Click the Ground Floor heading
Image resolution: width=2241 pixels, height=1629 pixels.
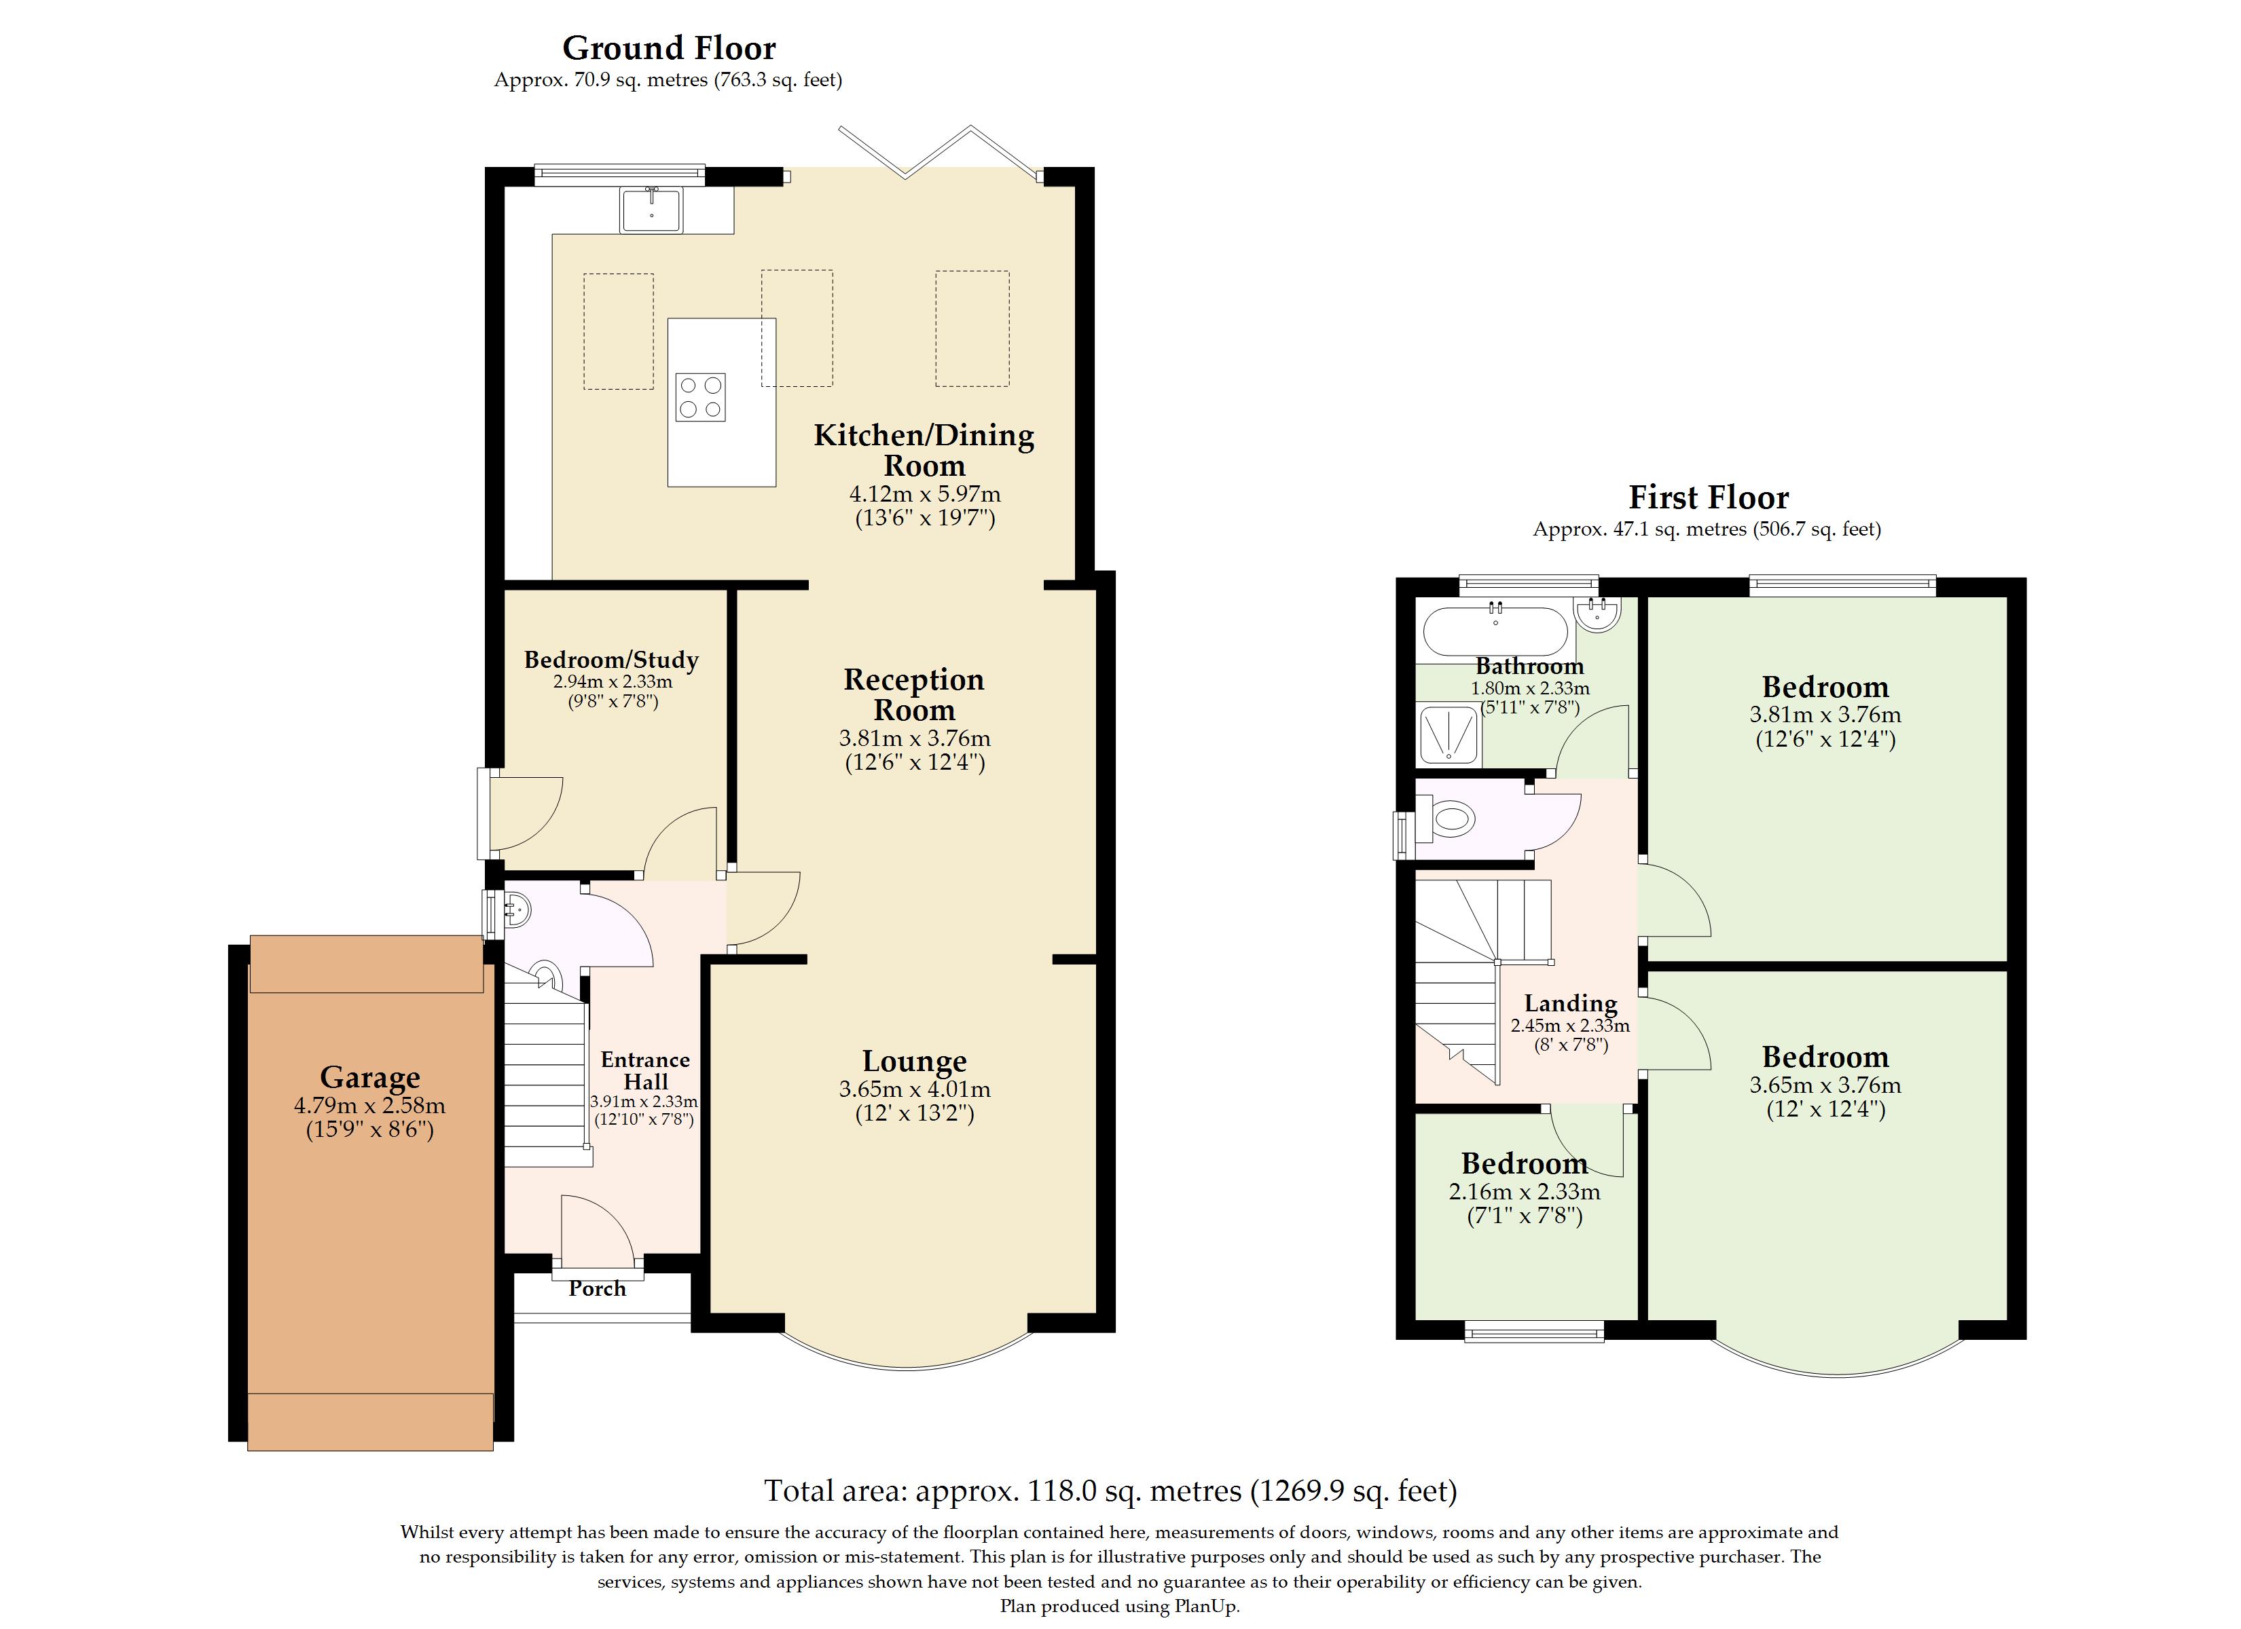pyautogui.click(x=669, y=48)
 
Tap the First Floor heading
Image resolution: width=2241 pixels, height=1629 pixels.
pyautogui.click(x=1709, y=497)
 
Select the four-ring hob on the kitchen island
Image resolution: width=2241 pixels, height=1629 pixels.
pyautogui.click(x=701, y=397)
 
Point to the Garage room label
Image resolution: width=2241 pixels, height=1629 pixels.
pyautogui.click(x=369, y=1076)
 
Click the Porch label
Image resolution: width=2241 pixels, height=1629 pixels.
pyautogui.click(x=597, y=1288)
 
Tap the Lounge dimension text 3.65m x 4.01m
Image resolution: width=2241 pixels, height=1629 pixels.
pyautogui.click(x=915, y=1089)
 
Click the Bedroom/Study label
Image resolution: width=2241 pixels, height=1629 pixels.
pyautogui.click(x=612, y=660)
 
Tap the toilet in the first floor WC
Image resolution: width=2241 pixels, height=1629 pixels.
pyautogui.click(x=1446, y=820)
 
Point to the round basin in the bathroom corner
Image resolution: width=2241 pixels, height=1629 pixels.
pyautogui.click(x=1598, y=614)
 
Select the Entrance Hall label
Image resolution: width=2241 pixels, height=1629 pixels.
pyautogui.click(x=645, y=1071)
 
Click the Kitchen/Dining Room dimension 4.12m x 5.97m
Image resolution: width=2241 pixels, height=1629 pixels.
pyautogui.click(x=925, y=494)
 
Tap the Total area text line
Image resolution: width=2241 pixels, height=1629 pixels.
pyautogui.click(x=1110, y=1491)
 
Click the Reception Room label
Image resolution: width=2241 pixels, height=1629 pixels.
pyautogui.click(x=914, y=694)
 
